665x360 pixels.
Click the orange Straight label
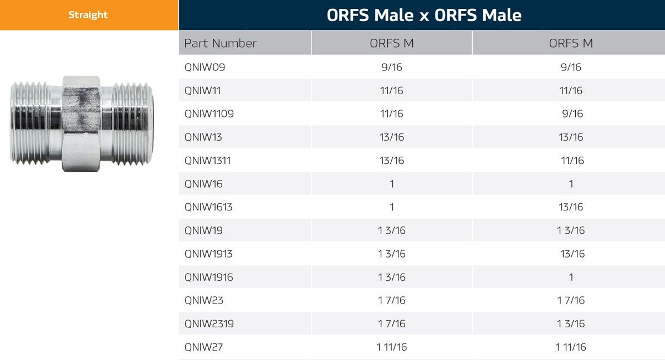88,15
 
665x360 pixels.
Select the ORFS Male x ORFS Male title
424,15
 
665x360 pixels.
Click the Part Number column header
220,43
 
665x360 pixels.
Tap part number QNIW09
204,67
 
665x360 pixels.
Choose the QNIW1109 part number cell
209,114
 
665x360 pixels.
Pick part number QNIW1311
207,161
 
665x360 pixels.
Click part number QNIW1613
208,207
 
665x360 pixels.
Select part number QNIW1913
208,254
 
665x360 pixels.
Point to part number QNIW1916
208,277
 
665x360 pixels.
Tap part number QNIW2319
209,323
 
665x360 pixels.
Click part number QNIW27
203,347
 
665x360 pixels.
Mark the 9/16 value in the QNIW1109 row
571,114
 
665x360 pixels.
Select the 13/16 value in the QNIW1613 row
571,207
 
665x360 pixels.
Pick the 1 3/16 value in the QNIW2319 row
571,323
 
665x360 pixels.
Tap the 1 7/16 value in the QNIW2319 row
392,323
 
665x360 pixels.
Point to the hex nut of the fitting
81,124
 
